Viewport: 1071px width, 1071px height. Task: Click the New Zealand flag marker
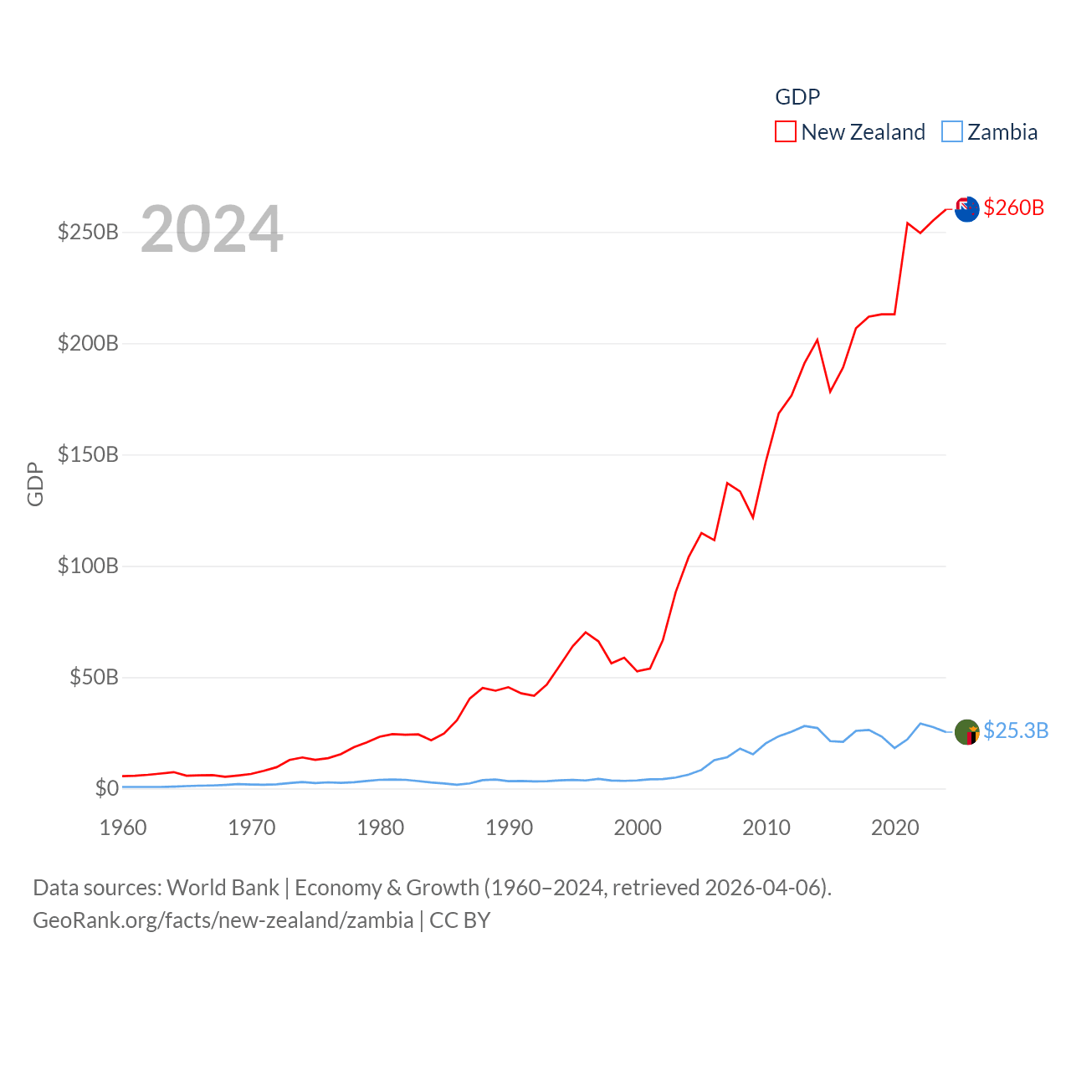[x=966, y=209]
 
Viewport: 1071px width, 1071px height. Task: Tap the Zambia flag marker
[x=966, y=732]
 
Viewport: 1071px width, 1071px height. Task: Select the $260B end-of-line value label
[x=1013, y=208]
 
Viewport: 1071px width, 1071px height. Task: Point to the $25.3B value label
[x=1015, y=730]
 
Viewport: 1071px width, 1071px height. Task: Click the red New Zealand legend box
[x=785, y=132]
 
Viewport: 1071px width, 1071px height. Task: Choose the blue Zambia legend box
[x=951, y=132]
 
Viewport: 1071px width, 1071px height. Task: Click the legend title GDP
[x=797, y=97]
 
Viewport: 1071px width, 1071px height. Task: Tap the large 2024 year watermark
[x=212, y=229]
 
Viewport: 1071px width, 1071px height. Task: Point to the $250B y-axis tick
[x=88, y=232]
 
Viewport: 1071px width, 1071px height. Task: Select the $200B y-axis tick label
[x=88, y=343]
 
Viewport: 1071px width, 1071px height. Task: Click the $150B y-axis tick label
[x=88, y=454]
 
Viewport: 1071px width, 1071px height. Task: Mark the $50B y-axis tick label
[x=94, y=677]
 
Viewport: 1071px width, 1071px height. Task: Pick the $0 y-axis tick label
[x=106, y=788]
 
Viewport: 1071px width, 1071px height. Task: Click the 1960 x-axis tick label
[x=123, y=828]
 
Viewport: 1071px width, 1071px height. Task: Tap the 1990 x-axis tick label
[x=509, y=828]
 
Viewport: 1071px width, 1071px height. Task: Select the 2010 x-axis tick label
[x=766, y=828]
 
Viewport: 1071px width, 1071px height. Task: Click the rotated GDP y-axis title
[x=35, y=484]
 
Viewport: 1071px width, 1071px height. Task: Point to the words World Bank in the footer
[x=223, y=888]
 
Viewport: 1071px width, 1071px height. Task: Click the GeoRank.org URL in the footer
[x=223, y=920]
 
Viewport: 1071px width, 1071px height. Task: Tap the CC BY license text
[x=459, y=920]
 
